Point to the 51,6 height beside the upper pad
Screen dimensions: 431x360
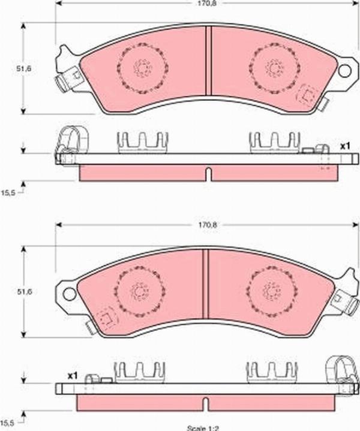23,69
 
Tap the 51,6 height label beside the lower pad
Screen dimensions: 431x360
23,292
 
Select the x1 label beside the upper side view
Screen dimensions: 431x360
345,146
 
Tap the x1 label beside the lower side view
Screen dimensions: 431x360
73,375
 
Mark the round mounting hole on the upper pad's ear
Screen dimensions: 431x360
344,71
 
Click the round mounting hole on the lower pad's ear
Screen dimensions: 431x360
68,294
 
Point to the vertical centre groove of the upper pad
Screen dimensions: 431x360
208,60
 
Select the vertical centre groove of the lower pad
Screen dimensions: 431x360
204,283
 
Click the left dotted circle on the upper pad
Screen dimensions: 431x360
142,68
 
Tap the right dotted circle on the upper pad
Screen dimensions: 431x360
274,68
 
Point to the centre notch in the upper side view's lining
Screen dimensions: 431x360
208,174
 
